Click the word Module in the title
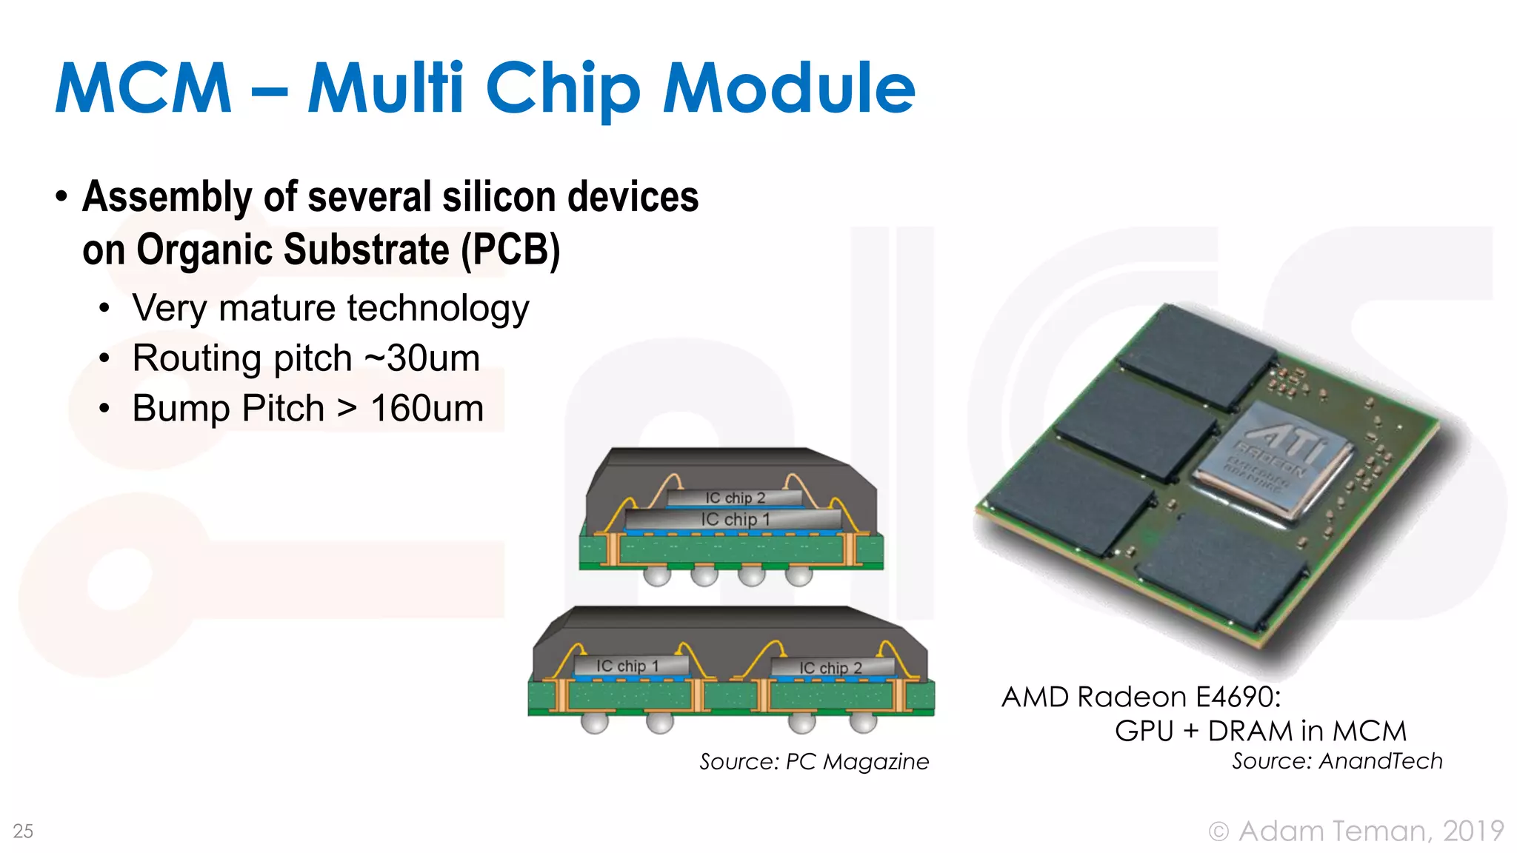789,88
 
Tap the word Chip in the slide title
563,90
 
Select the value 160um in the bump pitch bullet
427,409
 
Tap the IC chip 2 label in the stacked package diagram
735,498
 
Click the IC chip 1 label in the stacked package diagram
735,519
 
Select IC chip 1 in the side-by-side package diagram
628,666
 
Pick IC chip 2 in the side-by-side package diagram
830,668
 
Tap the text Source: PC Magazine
814,761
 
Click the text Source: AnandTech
1337,761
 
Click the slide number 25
23,831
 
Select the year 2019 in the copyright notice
1473,831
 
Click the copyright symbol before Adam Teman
1218,832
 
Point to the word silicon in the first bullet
499,197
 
